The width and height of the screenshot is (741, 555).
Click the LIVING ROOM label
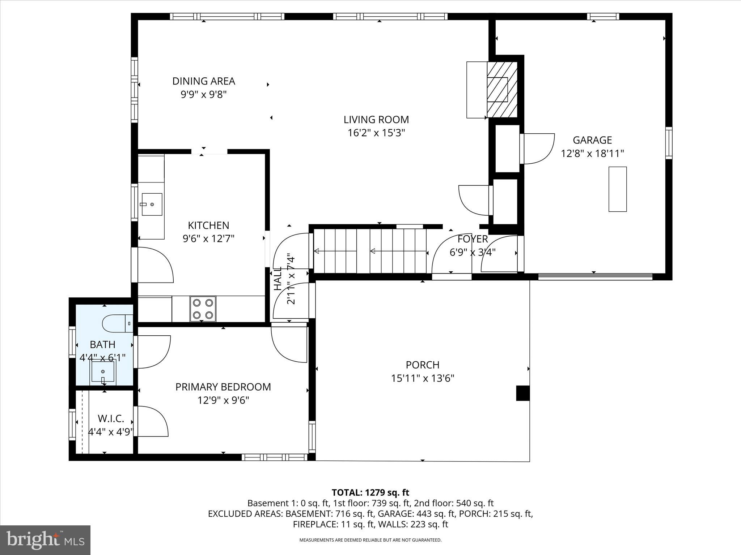tap(376, 120)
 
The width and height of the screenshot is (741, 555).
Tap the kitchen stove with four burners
tap(203, 309)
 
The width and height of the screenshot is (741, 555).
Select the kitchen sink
tap(152, 204)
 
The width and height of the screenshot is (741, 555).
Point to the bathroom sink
tap(103, 371)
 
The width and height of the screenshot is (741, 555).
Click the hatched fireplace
tap(501, 89)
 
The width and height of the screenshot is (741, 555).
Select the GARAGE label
tap(592, 140)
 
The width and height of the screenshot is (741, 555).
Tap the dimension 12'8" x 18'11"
tap(592, 154)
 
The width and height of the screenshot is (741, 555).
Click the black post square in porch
tap(522, 393)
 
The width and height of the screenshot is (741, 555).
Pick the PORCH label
tap(422, 365)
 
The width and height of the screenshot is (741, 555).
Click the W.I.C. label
tap(111, 419)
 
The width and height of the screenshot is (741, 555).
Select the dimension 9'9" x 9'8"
tap(203, 95)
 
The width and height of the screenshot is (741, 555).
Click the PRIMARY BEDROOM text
tap(223, 387)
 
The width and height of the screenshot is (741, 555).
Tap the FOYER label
tap(473, 239)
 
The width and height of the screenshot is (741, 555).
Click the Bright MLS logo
tap(45, 540)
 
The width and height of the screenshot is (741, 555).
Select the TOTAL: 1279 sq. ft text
tap(370, 492)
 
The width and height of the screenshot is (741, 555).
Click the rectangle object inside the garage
tap(617, 189)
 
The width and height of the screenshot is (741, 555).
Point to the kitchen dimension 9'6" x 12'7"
tap(208, 238)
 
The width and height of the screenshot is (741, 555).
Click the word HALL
tap(278, 279)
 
